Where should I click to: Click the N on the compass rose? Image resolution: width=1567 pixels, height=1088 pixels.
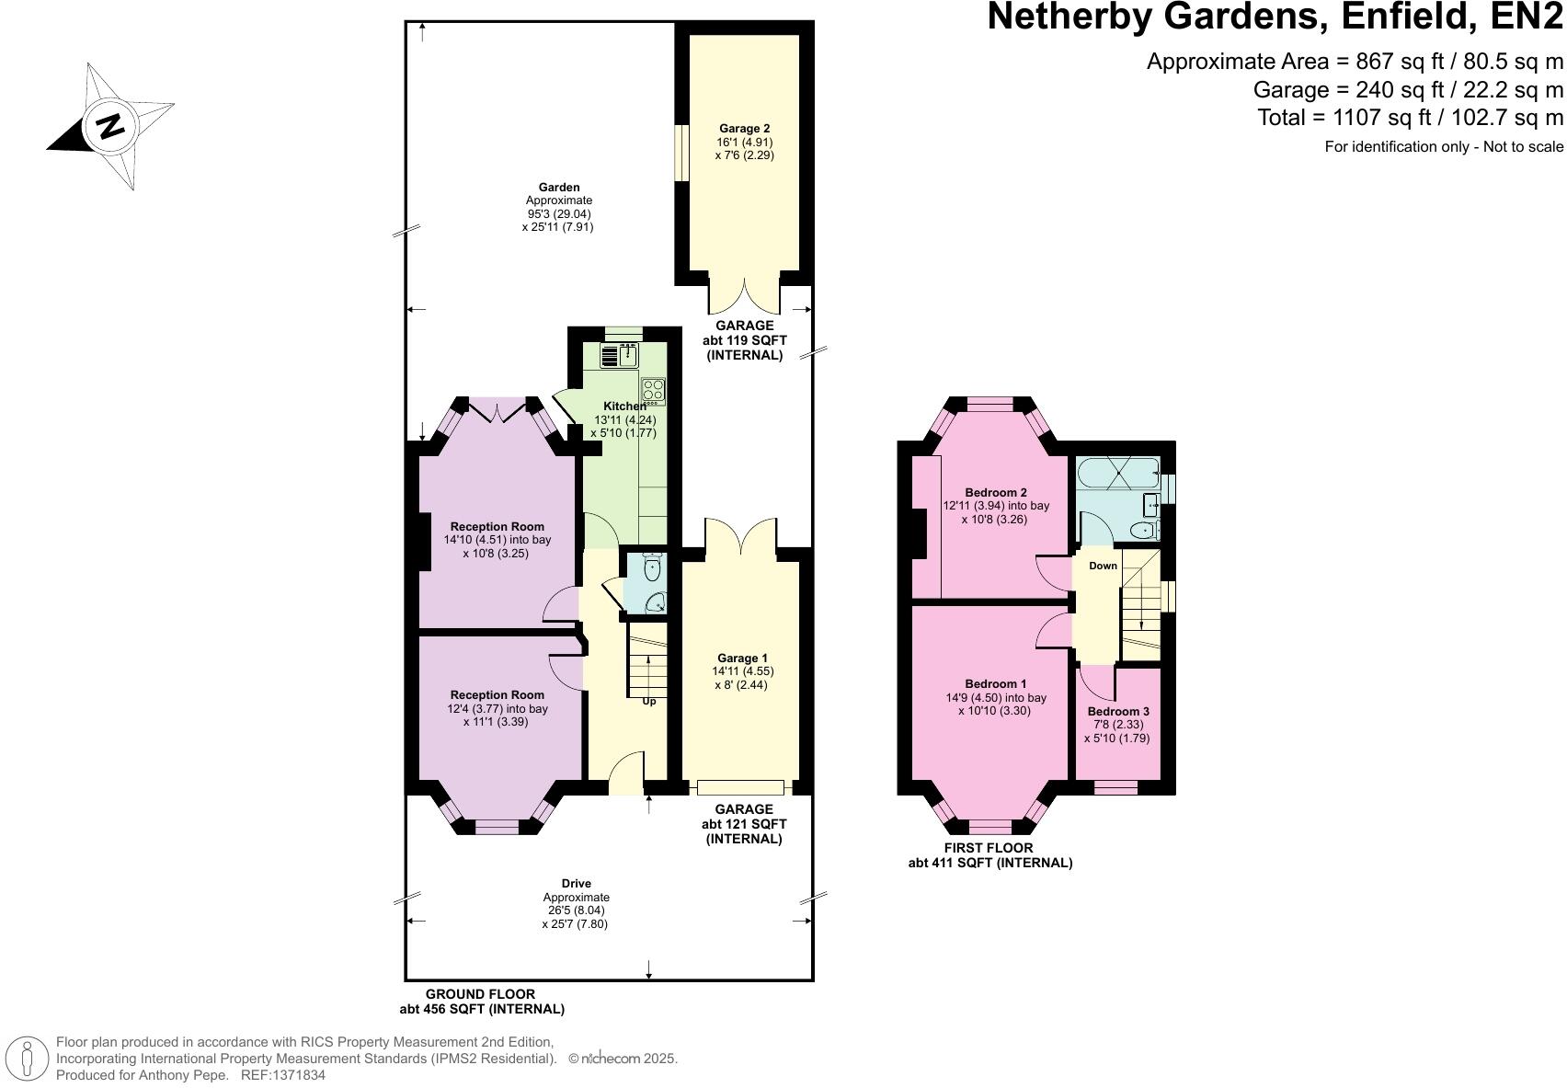(x=110, y=125)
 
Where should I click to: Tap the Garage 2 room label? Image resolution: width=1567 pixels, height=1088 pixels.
(x=744, y=129)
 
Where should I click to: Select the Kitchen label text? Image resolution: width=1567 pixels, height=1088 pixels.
(x=624, y=407)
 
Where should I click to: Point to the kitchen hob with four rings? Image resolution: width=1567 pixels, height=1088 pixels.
(x=653, y=391)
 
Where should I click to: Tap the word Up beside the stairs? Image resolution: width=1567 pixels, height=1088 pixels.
(x=648, y=701)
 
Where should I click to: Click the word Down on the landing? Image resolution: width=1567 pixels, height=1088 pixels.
(x=1103, y=566)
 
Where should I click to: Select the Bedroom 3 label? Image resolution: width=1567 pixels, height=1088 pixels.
(x=1117, y=712)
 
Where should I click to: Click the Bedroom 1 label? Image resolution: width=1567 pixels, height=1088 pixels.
(x=995, y=684)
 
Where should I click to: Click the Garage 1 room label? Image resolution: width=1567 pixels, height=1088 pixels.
(x=741, y=659)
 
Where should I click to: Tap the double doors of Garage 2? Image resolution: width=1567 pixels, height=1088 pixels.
(x=744, y=296)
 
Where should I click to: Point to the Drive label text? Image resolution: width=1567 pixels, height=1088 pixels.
(x=576, y=884)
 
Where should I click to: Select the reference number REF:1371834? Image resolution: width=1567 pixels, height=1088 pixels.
(x=282, y=1075)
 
